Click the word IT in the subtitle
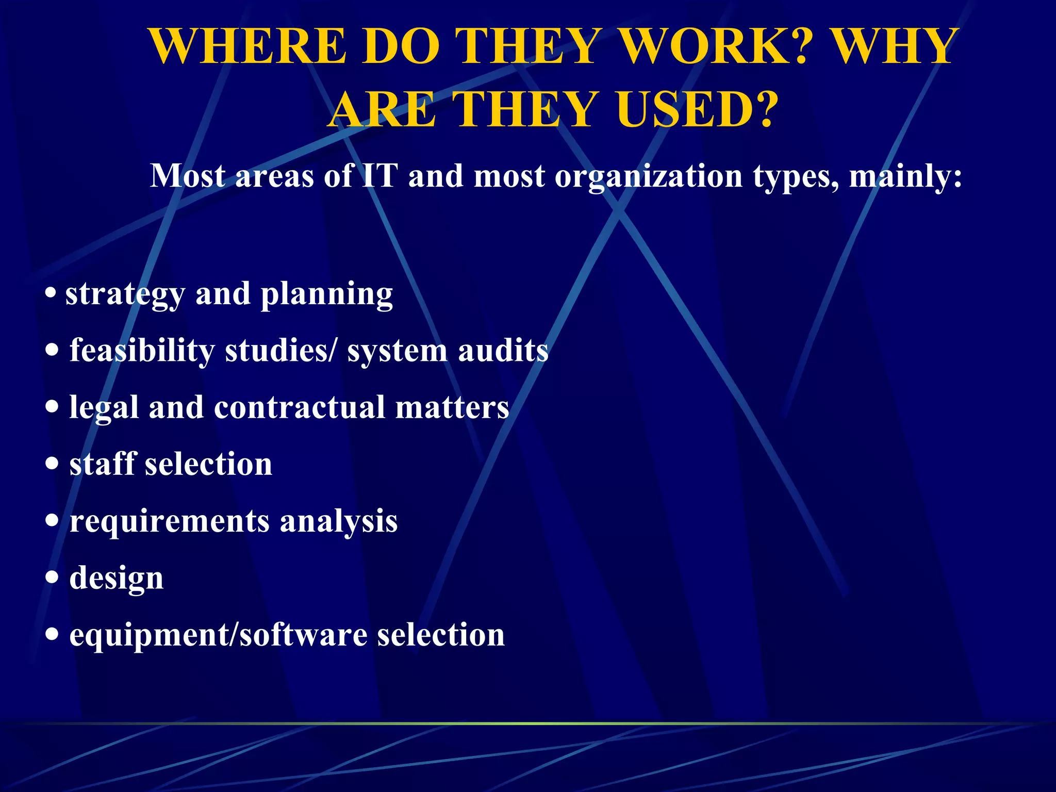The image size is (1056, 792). [380, 176]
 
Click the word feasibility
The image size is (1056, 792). [142, 351]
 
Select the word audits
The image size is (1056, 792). [503, 351]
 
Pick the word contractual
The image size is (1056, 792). [299, 407]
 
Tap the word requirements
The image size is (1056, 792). [169, 521]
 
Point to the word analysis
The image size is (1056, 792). [338, 521]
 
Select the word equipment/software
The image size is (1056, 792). [218, 635]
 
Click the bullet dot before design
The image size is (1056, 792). [52, 577]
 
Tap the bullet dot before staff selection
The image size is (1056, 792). [52, 463]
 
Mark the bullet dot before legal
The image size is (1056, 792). [52, 406]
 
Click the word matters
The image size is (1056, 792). [452, 407]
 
